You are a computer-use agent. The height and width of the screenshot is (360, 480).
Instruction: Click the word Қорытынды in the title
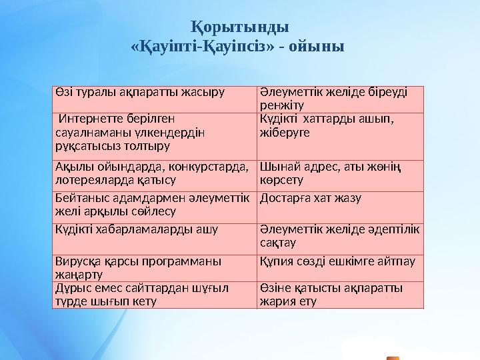(x=240, y=28)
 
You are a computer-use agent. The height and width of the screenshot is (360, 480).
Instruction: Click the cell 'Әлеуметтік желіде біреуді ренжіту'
(x=339, y=99)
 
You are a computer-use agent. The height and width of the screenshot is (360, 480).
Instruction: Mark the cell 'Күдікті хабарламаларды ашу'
(x=154, y=237)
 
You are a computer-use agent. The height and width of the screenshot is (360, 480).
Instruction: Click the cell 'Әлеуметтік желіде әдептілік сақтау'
(x=339, y=237)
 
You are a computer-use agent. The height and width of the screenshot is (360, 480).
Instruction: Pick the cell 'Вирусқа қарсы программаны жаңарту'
(x=154, y=267)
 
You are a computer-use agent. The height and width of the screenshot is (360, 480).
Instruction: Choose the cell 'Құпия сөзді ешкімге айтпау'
(x=339, y=267)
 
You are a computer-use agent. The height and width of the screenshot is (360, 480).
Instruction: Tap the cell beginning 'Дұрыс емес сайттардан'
(x=154, y=295)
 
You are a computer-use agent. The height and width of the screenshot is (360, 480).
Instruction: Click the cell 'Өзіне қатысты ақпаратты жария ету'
(x=339, y=295)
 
